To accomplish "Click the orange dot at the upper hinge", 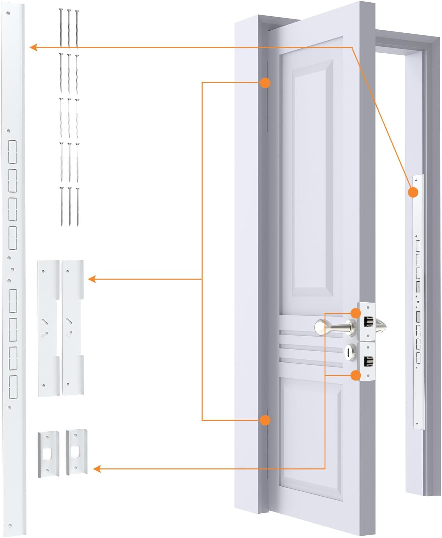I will (x=265, y=83).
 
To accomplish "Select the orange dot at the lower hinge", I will (x=265, y=420).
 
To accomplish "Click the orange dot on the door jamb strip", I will (x=413, y=192).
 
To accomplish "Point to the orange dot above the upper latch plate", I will (x=356, y=313).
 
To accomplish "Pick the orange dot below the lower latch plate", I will (x=356, y=375).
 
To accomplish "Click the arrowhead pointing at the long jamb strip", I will (x=33, y=47).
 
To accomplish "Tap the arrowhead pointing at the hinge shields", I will (x=92, y=279).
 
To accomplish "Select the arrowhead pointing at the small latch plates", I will (x=97, y=469).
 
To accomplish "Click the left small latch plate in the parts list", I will (x=48, y=454).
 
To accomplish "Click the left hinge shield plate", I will (x=48, y=328).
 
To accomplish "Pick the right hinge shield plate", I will (x=72, y=328).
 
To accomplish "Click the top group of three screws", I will (x=69, y=29).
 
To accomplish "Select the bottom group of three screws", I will (x=70, y=206).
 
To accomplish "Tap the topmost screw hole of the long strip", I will (x=8, y=14).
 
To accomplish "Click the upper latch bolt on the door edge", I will (x=368, y=322).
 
